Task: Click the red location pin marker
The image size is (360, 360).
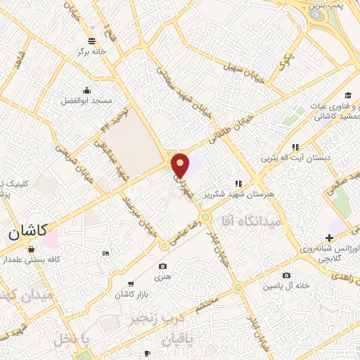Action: [x=181, y=165]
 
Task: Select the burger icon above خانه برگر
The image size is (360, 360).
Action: [x=92, y=40]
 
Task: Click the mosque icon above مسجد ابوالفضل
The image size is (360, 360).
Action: [x=86, y=90]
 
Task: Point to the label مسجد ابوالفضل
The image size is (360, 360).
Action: [x=86, y=101]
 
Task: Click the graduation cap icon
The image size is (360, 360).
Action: [x=347, y=96]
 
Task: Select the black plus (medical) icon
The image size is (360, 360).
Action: [x=330, y=238]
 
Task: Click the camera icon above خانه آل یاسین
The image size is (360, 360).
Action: [x=285, y=275]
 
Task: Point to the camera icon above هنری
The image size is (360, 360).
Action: [x=163, y=266]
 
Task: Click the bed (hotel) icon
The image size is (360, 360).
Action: [x=105, y=252]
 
